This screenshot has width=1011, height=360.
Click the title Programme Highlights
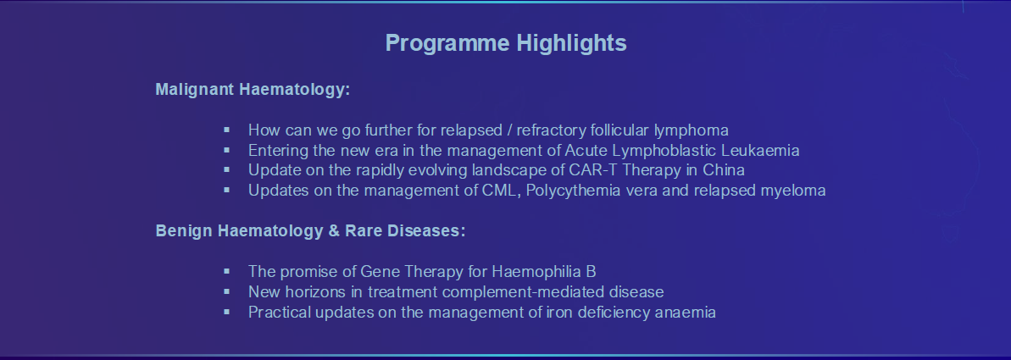coord(505,44)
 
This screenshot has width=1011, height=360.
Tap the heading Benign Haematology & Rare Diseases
coord(310,231)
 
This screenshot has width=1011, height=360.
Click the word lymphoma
coord(692,130)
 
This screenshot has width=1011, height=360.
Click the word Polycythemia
coord(564,191)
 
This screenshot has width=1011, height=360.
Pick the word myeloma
coord(793,191)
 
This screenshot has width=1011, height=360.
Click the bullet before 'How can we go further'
coord(226,130)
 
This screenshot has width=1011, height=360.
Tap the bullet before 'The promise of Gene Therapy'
coord(226,271)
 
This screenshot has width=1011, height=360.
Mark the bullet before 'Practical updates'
coord(226,312)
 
